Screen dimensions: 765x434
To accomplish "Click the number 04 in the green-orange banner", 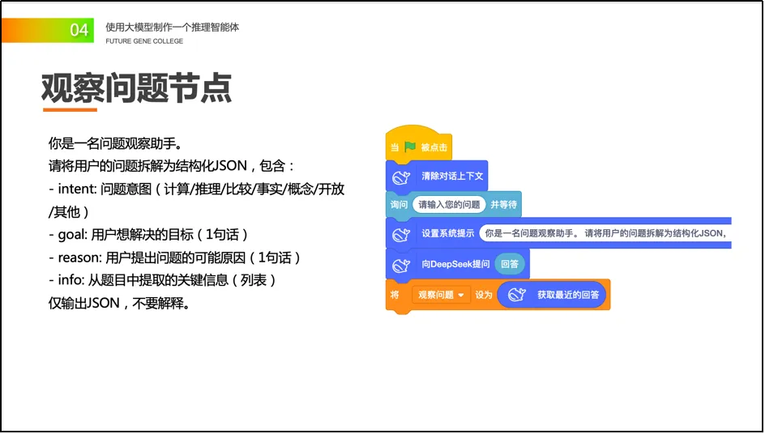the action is (x=79, y=30).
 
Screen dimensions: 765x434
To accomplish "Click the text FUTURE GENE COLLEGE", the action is (x=144, y=41).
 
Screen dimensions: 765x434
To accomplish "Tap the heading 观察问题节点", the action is (x=136, y=87).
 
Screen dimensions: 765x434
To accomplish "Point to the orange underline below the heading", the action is (x=70, y=109).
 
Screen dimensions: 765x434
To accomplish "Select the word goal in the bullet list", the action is (x=71, y=235).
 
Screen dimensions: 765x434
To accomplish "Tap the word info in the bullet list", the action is (x=70, y=280).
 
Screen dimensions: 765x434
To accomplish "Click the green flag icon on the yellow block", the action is (x=410, y=147).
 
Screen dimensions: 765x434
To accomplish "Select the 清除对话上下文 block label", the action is (x=452, y=176).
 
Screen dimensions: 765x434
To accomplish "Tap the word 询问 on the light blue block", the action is (x=399, y=205).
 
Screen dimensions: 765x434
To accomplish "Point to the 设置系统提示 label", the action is (x=447, y=234).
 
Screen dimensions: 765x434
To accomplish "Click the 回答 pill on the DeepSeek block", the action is (x=511, y=264).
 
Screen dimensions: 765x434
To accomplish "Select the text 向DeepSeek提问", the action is (x=455, y=264).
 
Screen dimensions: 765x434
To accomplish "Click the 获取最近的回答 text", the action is (x=568, y=295).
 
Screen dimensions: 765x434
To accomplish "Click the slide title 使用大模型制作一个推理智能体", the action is (x=172, y=27).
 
